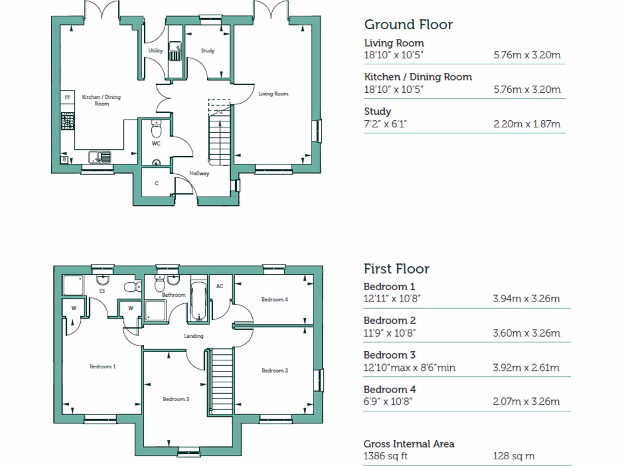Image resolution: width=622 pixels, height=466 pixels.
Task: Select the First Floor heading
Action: click(397, 269)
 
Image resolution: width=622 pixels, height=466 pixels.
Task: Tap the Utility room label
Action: click(155, 51)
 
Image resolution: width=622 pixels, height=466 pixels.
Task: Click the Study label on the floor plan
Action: click(208, 51)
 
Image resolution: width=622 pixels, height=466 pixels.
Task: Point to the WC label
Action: click(156, 144)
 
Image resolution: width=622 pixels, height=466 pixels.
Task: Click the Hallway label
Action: click(199, 174)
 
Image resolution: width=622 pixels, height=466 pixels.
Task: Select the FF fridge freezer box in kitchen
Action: click(67, 98)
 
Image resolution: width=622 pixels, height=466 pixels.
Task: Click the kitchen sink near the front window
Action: click(100, 157)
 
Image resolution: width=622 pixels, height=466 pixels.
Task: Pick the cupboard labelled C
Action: click(156, 183)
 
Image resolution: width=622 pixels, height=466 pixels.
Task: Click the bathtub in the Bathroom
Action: click(199, 300)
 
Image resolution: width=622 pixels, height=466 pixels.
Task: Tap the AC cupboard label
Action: click(220, 286)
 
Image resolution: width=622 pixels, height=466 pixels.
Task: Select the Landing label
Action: click(194, 336)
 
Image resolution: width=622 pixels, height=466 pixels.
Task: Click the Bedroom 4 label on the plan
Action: click(275, 299)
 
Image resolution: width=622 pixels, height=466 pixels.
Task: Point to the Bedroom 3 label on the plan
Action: click(176, 399)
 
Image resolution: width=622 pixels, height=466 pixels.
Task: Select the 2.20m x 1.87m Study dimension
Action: click(527, 124)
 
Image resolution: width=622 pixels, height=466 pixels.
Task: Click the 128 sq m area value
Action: click(514, 456)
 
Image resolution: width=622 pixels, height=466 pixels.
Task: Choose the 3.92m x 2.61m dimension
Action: click(527, 367)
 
